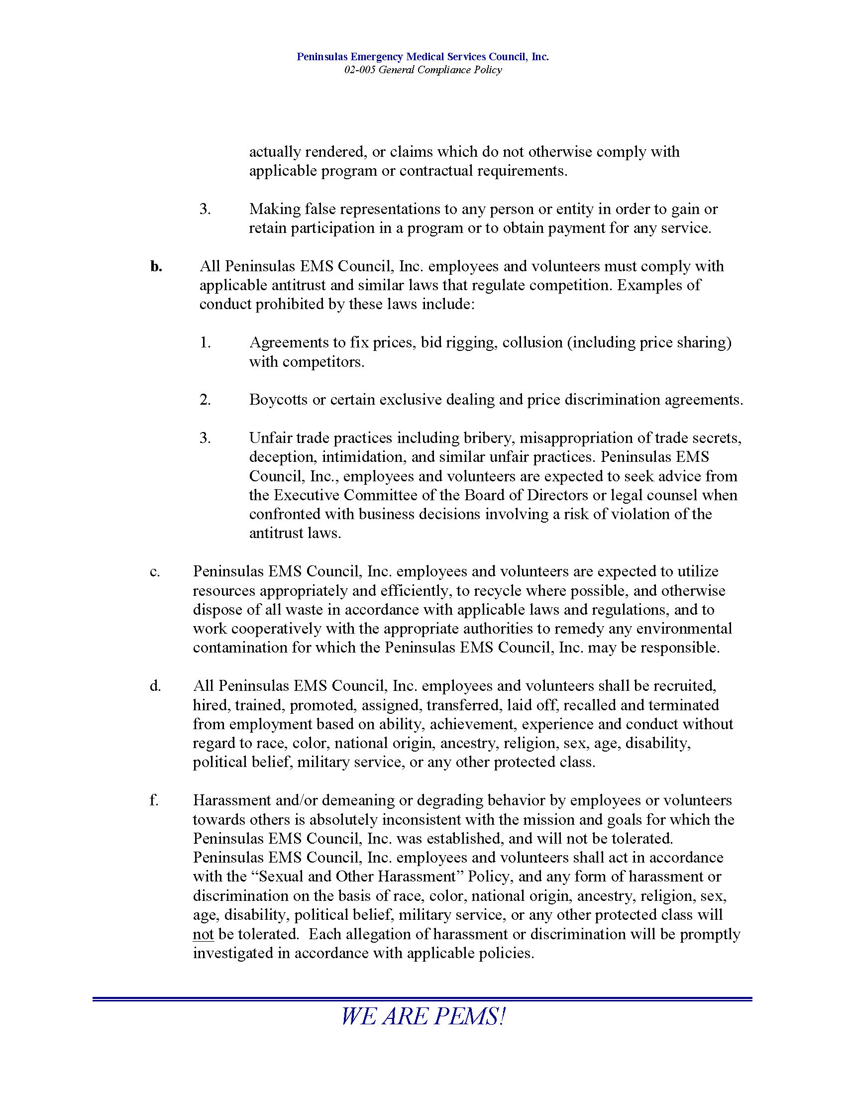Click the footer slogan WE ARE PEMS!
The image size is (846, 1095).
(423, 1017)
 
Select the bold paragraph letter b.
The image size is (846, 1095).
(156, 267)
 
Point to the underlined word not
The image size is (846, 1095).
(203, 935)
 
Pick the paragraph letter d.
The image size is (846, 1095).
(155, 686)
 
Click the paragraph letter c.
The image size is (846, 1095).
(154, 571)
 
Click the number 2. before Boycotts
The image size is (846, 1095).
(205, 400)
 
